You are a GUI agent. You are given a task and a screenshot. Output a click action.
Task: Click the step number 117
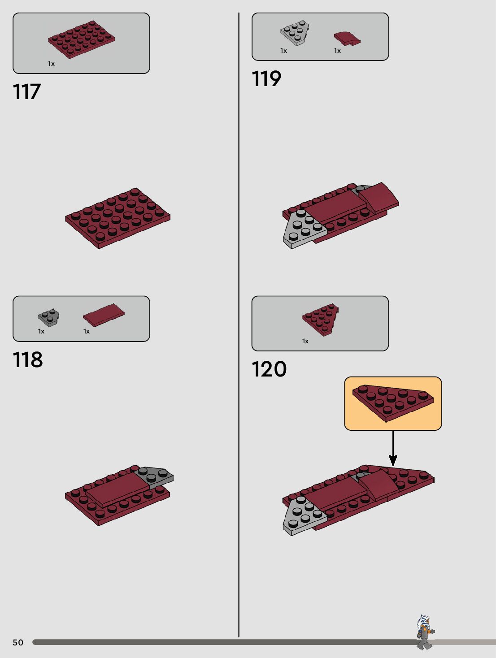[x=27, y=91]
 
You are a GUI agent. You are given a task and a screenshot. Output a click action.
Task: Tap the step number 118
[x=28, y=359]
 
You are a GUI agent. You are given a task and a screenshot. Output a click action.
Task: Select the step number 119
[x=266, y=78]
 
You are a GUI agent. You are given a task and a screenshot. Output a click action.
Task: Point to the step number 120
[x=269, y=369]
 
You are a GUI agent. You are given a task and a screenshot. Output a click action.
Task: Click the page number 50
[x=18, y=642]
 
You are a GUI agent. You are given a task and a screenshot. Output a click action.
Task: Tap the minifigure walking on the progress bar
[x=424, y=632]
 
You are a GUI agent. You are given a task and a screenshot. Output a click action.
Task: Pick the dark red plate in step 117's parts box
[x=81, y=39]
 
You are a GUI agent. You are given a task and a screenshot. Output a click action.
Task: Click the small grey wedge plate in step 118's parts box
[x=49, y=317]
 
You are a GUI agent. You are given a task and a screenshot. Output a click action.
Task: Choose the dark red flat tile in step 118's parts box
[x=104, y=314]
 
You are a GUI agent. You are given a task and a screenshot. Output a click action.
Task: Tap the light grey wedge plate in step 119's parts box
[x=295, y=33]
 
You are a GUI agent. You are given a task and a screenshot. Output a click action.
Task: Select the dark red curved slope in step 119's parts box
[x=347, y=39]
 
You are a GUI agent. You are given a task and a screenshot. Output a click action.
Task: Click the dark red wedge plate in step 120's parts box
[x=321, y=318]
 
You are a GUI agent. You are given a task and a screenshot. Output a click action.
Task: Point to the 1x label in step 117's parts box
[x=51, y=64]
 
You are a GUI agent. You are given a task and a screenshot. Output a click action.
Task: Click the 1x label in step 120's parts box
[x=305, y=341]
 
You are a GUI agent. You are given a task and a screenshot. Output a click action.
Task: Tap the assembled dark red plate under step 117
[x=117, y=217]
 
